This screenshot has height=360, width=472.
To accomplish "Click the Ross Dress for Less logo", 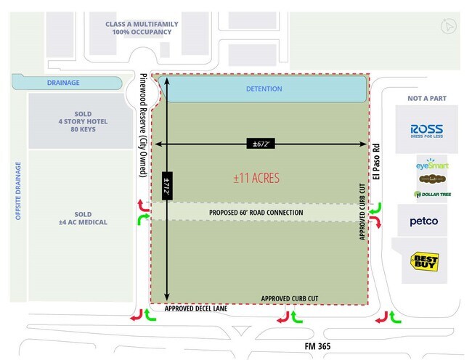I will pos(426,129).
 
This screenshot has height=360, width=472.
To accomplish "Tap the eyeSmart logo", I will pos(432,165).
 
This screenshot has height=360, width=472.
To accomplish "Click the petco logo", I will pos(423,221).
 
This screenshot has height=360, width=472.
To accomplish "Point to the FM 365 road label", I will pos(318,347).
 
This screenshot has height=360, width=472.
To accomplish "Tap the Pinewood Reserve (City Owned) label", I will pos(142,123).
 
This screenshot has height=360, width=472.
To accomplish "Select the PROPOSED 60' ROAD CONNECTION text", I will pos(256,213).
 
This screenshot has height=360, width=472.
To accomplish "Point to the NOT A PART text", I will pos(427,97).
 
